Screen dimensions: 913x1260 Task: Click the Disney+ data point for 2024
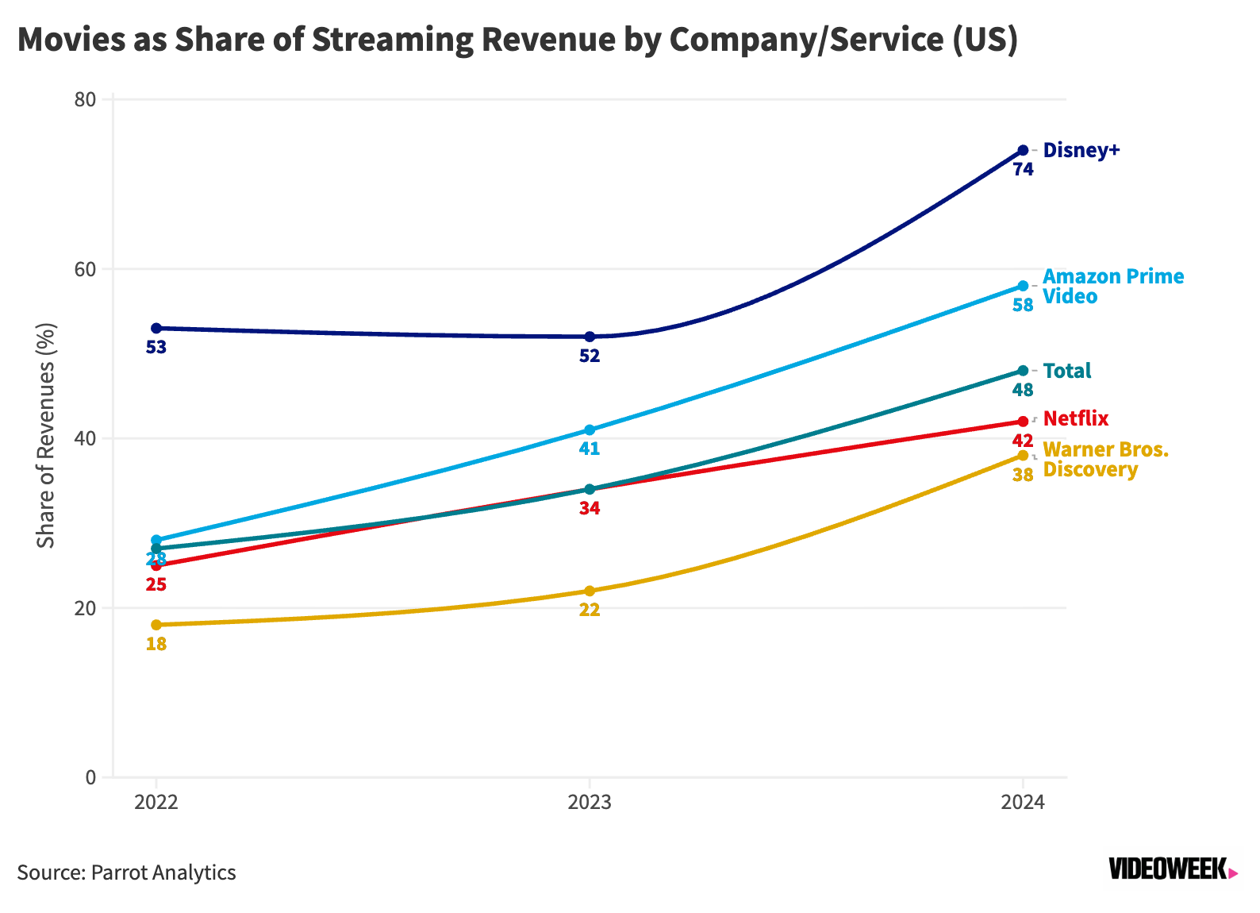[x=1023, y=150]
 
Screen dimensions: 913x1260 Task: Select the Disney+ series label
[x=1081, y=150]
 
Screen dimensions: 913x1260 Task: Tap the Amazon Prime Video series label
[x=1112, y=286]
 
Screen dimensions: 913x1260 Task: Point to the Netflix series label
[x=1075, y=418]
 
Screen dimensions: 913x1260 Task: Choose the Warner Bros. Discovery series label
[x=1104, y=459]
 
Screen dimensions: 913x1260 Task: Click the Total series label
[x=1066, y=371]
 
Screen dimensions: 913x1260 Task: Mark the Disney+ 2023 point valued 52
[x=590, y=337]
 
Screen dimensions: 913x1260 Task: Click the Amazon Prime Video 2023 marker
[x=590, y=430]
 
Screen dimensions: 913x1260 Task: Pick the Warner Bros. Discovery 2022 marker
[x=156, y=625]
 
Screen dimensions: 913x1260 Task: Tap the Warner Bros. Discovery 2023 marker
[x=590, y=591]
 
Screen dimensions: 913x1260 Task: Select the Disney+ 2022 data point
[x=156, y=328]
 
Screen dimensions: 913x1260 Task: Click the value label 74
[x=1023, y=169]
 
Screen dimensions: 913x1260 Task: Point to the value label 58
[x=1023, y=305]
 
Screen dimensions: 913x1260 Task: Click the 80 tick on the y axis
[x=86, y=100]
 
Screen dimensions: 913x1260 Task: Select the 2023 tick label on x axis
[x=590, y=802]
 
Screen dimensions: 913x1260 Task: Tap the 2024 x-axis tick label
[x=1023, y=802]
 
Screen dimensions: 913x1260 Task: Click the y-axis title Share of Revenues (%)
[x=46, y=435]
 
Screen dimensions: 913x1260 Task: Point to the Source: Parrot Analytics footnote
[x=127, y=873]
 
